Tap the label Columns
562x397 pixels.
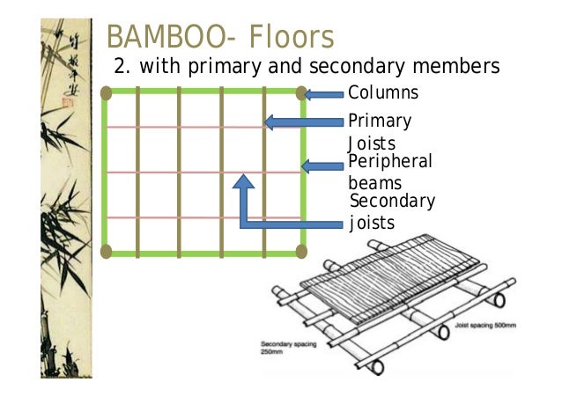tap(383, 93)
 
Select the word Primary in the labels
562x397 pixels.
tap(380, 121)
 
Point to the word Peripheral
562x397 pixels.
tap(390, 162)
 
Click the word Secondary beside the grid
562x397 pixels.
tap(393, 202)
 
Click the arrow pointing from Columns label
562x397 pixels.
tap(324, 93)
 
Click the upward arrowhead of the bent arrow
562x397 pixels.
tap(245, 182)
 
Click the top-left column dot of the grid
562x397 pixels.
tap(107, 92)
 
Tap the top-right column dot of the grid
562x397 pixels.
tap(301, 92)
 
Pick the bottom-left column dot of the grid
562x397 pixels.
tap(107, 253)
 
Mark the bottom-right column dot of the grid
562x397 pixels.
tap(301, 253)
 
